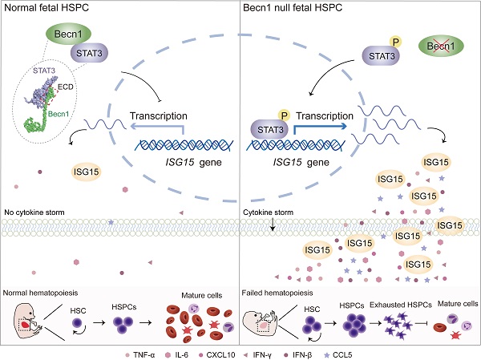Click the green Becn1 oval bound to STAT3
(68, 34)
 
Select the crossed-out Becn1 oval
(441, 46)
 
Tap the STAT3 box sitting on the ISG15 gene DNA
(270, 130)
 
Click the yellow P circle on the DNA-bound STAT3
(284, 115)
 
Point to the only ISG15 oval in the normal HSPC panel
(87, 172)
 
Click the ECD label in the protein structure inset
(66, 87)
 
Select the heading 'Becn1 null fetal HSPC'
(293, 8)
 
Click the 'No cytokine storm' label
(34, 212)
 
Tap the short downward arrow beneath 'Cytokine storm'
(273, 224)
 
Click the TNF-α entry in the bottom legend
(140, 355)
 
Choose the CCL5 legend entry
(338, 355)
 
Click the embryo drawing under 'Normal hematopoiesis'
(29, 322)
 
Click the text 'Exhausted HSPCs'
(401, 305)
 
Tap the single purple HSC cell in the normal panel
(77, 323)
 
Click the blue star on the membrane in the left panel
(111, 221)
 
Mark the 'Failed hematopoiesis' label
(277, 293)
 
